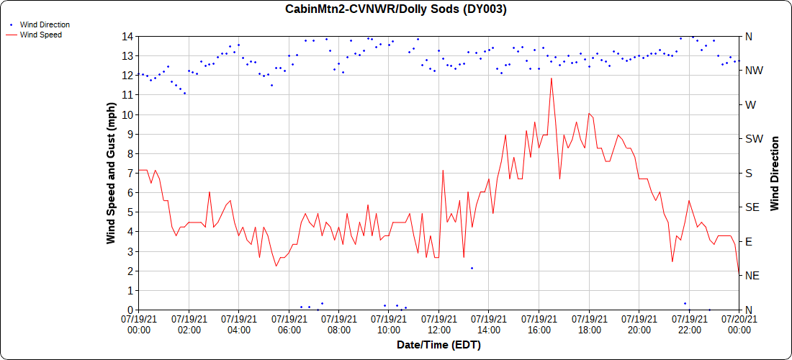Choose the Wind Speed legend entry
click(x=40, y=34)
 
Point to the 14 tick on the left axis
click(x=127, y=36)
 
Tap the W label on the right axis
click(x=750, y=104)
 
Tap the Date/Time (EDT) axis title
click(x=438, y=345)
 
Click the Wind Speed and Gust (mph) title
click(x=111, y=173)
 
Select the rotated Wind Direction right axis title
click(x=775, y=173)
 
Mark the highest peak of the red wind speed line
click(x=552, y=78)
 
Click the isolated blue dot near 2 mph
click(x=472, y=268)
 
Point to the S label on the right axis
click(x=748, y=173)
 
